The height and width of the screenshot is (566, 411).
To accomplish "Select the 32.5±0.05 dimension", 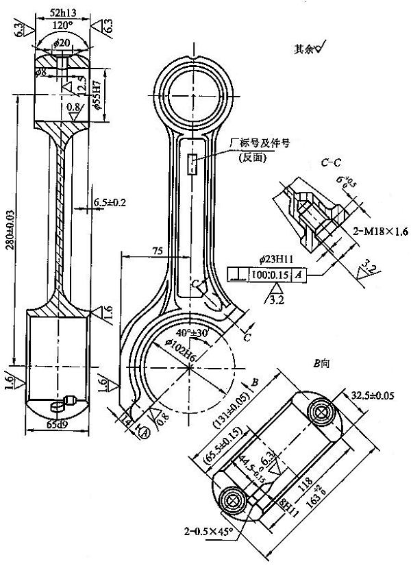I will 377,395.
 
